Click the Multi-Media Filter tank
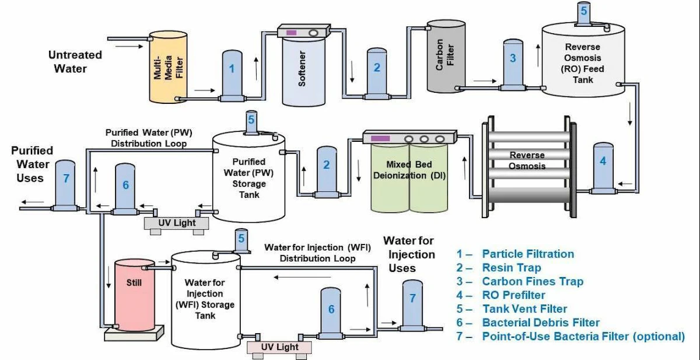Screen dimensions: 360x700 click(167, 67)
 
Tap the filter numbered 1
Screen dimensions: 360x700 click(232, 73)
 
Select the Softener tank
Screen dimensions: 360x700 click(302, 73)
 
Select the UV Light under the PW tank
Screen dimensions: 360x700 click(177, 223)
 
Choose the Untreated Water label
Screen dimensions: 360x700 click(75, 61)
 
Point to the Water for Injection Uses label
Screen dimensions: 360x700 click(408, 254)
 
